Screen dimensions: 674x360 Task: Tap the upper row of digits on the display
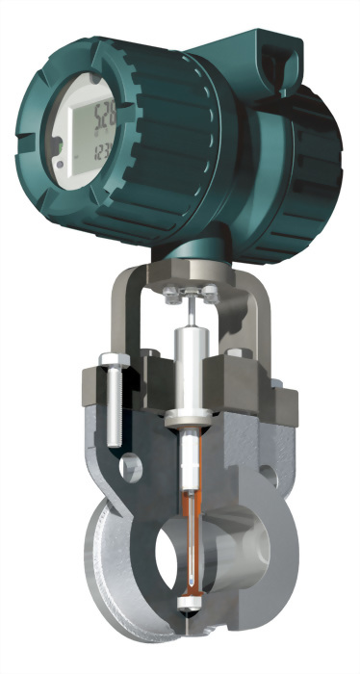click(98, 120)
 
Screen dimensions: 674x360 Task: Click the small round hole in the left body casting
click(128, 472)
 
